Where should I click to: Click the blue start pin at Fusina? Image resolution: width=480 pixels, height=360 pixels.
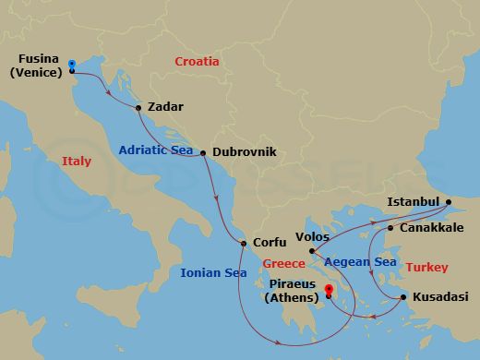(x=72, y=64)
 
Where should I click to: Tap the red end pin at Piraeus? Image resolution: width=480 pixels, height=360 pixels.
(x=329, y=291)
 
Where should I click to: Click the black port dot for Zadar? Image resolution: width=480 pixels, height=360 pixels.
(x=138, y=107)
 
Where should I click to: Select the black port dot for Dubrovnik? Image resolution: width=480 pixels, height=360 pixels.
(x=203, y=153)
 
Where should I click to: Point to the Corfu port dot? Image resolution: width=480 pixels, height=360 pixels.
(x=243, y=244)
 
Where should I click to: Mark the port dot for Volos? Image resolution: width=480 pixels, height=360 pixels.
(x=312, y=251)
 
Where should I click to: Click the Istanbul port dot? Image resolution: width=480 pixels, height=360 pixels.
(x=448, y=202)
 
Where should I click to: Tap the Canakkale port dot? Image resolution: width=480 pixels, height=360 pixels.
(x=390, y=228)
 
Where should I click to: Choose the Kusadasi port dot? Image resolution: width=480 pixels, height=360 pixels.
(x=403, y=297)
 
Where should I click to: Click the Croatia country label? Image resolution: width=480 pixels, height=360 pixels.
(x=197, y=62)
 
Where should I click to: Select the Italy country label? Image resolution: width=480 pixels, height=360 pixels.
(x=77, y=161)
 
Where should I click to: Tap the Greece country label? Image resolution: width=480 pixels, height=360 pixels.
(x=283, y=264)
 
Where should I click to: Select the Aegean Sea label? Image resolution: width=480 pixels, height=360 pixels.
(x=359, y=263)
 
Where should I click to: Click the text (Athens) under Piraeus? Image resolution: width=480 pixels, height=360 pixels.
(x=292, y=297)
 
